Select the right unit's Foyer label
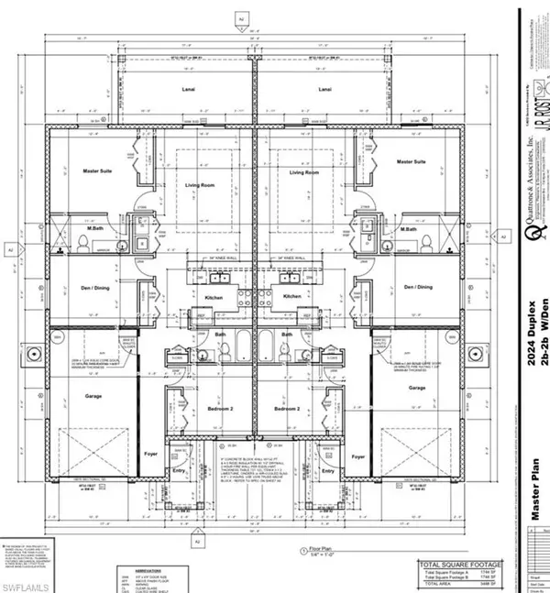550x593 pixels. [358, 456]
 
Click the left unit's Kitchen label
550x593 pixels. [212, 297]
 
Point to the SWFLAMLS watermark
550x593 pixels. [22, 583]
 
